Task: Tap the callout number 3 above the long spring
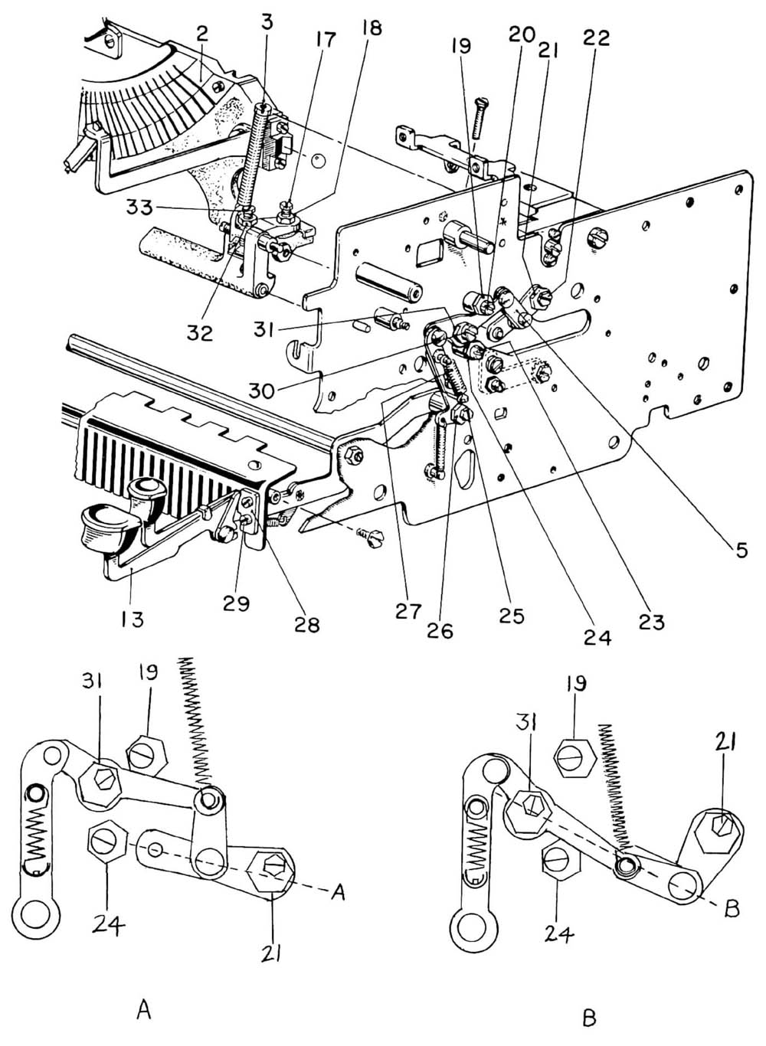click(267, 22)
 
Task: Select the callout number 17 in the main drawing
click(326, 39)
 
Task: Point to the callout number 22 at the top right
click(597, 37)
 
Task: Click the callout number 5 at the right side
click(741, 549)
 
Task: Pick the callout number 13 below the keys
click(133, 618)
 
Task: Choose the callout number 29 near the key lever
click(237, 603)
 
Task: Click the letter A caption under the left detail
click(143, 1011)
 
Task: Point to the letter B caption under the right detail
click(589, 1018)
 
